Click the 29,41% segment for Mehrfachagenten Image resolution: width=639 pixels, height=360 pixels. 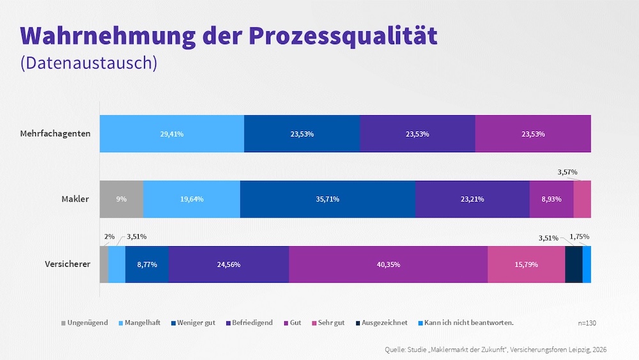172,134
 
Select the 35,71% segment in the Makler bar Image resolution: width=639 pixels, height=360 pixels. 327,199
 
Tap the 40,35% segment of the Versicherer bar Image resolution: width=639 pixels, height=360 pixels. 388,264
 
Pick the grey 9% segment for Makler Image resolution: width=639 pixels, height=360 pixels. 121,199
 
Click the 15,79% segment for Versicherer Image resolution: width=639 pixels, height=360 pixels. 526,264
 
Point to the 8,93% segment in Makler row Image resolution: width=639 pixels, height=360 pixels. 551,199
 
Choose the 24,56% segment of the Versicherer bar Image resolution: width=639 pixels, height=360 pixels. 228,264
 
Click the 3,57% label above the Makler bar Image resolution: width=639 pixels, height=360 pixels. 567,172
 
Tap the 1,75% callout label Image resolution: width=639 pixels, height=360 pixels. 579,237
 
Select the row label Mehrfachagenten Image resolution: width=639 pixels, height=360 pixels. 56,134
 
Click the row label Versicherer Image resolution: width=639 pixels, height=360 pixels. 67,264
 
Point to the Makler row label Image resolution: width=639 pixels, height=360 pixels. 75,199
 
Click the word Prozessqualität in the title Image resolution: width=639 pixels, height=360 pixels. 343,36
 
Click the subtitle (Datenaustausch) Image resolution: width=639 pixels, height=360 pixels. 88,63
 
